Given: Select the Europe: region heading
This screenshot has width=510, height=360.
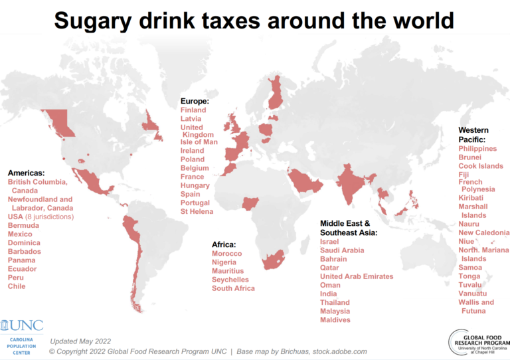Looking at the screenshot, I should pyautogui.click(x=195, y=101).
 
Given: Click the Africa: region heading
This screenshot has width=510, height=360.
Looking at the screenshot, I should pyautogui.click(x=224, y=244).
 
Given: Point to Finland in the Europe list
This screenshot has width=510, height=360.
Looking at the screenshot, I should pyautogui.click(x=193, y=110).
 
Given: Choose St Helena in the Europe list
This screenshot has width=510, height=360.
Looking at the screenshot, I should pyautogui.click(x=197, y=212).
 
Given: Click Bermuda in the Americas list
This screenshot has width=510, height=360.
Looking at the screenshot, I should pyautogui.click(x=23, y=226).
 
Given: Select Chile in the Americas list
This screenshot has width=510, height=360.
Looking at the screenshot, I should pyautogui.click(x=17, y=286).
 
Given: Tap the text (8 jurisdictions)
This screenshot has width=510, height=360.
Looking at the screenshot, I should pyautogui.click(x=49, y=217).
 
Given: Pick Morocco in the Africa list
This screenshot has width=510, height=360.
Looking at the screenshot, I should pyautogui.click(x=227, y=254).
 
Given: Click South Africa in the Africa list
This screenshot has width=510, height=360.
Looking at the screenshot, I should pyautogui.click(x=233, y=289).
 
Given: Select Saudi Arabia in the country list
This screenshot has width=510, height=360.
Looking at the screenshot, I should pyautogui.click(x=342, y=250).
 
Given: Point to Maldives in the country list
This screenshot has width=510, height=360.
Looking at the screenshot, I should pyautogui.click(x=335, y=320).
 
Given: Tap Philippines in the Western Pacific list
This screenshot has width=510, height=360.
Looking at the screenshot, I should pyautogui.click(x=477, y=149).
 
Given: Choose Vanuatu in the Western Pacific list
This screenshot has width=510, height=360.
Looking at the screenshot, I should pyautogui.click(x=473, y=294).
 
